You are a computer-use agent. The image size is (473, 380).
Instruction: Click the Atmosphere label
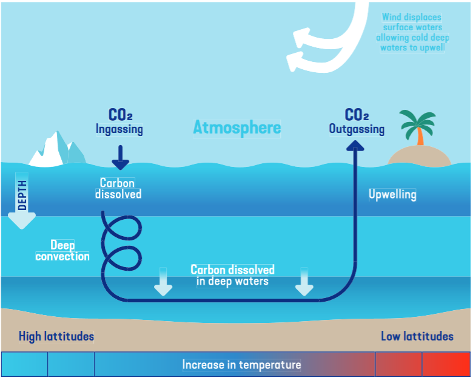pos(237,127)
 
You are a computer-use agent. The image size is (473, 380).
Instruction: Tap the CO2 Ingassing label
pos(119,121)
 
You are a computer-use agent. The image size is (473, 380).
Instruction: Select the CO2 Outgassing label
pos(357,121)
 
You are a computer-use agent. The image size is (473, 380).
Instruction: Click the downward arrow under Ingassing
pos(121,158)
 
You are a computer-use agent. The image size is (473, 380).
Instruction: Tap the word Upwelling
pos(392,194)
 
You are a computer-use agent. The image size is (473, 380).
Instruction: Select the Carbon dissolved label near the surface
pos(118,188)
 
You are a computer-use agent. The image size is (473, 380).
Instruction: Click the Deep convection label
pos(62,250)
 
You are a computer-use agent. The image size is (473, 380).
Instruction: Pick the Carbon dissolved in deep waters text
pos(233,275)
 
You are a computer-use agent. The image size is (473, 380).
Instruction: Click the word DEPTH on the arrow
pos(22,195)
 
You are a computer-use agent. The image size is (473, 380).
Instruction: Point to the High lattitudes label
pos(56,336)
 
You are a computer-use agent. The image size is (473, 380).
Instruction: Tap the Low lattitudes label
pos(417,336)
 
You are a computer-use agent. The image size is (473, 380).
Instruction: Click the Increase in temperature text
pos(241,365)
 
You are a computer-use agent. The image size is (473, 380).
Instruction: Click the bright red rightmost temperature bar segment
pos(446,364)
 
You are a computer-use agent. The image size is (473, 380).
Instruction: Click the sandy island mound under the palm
pos(419,157)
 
